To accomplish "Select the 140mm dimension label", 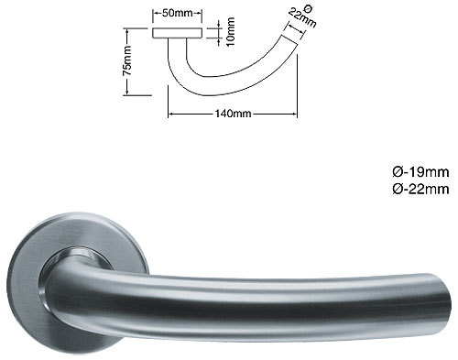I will point(232,115).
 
